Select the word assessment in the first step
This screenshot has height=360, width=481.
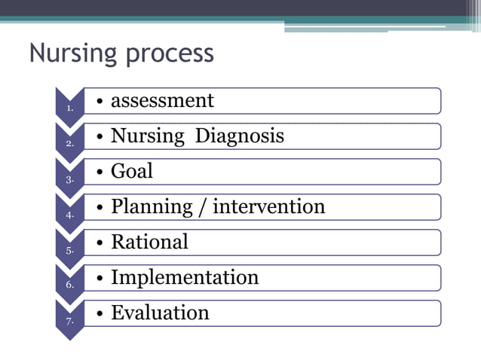tap(162, 101)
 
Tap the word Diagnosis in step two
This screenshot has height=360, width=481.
tap(240, 136)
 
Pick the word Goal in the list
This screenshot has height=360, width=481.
tap(132, 171)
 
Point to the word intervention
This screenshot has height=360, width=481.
tap(269, 206)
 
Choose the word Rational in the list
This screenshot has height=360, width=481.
tap(149, 242)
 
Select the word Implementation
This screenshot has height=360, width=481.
tap(185, 278)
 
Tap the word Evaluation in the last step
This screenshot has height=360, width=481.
tap(160, 313)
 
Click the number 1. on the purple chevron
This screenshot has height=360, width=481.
tap(70, 108)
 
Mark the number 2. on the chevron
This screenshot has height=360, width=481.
tap(70, 144)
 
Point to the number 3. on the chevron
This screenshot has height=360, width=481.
tap(70, 179)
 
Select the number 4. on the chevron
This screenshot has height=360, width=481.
tap(70, 215)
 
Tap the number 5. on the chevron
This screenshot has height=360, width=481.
tap(70, 250)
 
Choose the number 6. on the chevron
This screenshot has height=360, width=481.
tap(70, 285)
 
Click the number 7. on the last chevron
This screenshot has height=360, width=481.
tap(70, 321)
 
